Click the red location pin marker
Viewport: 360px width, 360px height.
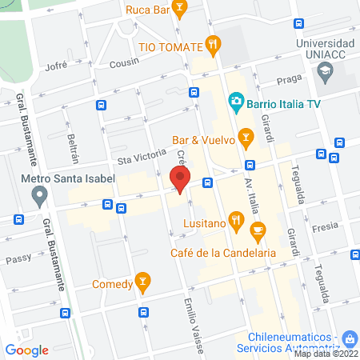181,180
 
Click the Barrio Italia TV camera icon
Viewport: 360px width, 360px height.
236,100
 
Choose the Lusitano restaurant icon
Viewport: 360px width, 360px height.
235,218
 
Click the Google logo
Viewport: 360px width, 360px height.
27,350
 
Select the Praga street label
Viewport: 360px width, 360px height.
286,80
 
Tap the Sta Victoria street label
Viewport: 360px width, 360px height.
134,158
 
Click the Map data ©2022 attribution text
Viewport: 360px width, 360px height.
326,354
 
